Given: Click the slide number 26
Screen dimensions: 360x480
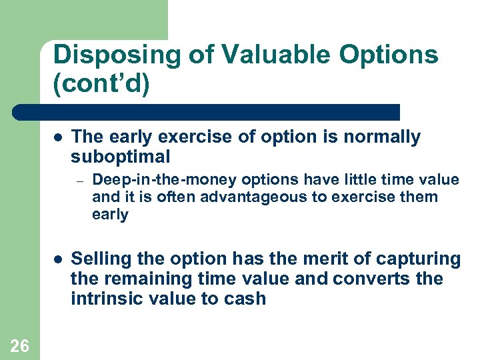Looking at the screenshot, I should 20,345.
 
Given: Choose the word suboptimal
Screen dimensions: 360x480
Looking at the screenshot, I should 120,157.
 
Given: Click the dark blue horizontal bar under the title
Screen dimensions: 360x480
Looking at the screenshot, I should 207,112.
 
